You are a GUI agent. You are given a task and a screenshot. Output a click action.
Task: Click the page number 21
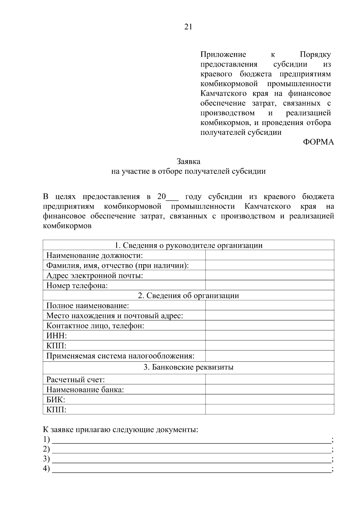point(188,27)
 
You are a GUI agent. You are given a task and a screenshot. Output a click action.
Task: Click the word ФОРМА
point(318,142)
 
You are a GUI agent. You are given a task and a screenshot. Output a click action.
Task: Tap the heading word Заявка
point(188,161)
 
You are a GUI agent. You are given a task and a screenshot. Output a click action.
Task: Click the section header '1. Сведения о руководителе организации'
point(188,245)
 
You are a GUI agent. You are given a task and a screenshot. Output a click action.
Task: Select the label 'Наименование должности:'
point(94,256)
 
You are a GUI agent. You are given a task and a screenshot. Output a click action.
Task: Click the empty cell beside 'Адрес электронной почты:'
point(269,275)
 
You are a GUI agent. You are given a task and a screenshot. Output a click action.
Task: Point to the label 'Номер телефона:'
point(77,286)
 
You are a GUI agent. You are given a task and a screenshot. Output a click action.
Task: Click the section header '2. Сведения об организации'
point(188,295)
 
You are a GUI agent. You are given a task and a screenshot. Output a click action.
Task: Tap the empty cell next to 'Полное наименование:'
point(269,306)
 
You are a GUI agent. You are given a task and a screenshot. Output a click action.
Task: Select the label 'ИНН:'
point(57,336)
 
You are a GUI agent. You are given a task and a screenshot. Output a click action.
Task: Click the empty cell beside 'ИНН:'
point(269,336)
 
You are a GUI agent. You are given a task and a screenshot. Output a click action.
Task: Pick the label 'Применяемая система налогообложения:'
point(120,356)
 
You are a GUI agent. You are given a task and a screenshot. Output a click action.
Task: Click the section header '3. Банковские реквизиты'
point(188,367)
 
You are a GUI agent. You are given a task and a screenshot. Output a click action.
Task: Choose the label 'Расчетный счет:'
point(76,380)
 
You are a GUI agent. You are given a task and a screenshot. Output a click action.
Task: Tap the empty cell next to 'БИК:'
point(269,400)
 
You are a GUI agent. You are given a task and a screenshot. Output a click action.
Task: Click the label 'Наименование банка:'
point(85,390)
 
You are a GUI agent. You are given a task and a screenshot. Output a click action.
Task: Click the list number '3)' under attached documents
point(46,459)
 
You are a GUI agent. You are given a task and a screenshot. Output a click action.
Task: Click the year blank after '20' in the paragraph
point(172,198)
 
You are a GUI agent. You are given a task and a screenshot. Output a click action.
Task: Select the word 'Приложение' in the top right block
point(223,55)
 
